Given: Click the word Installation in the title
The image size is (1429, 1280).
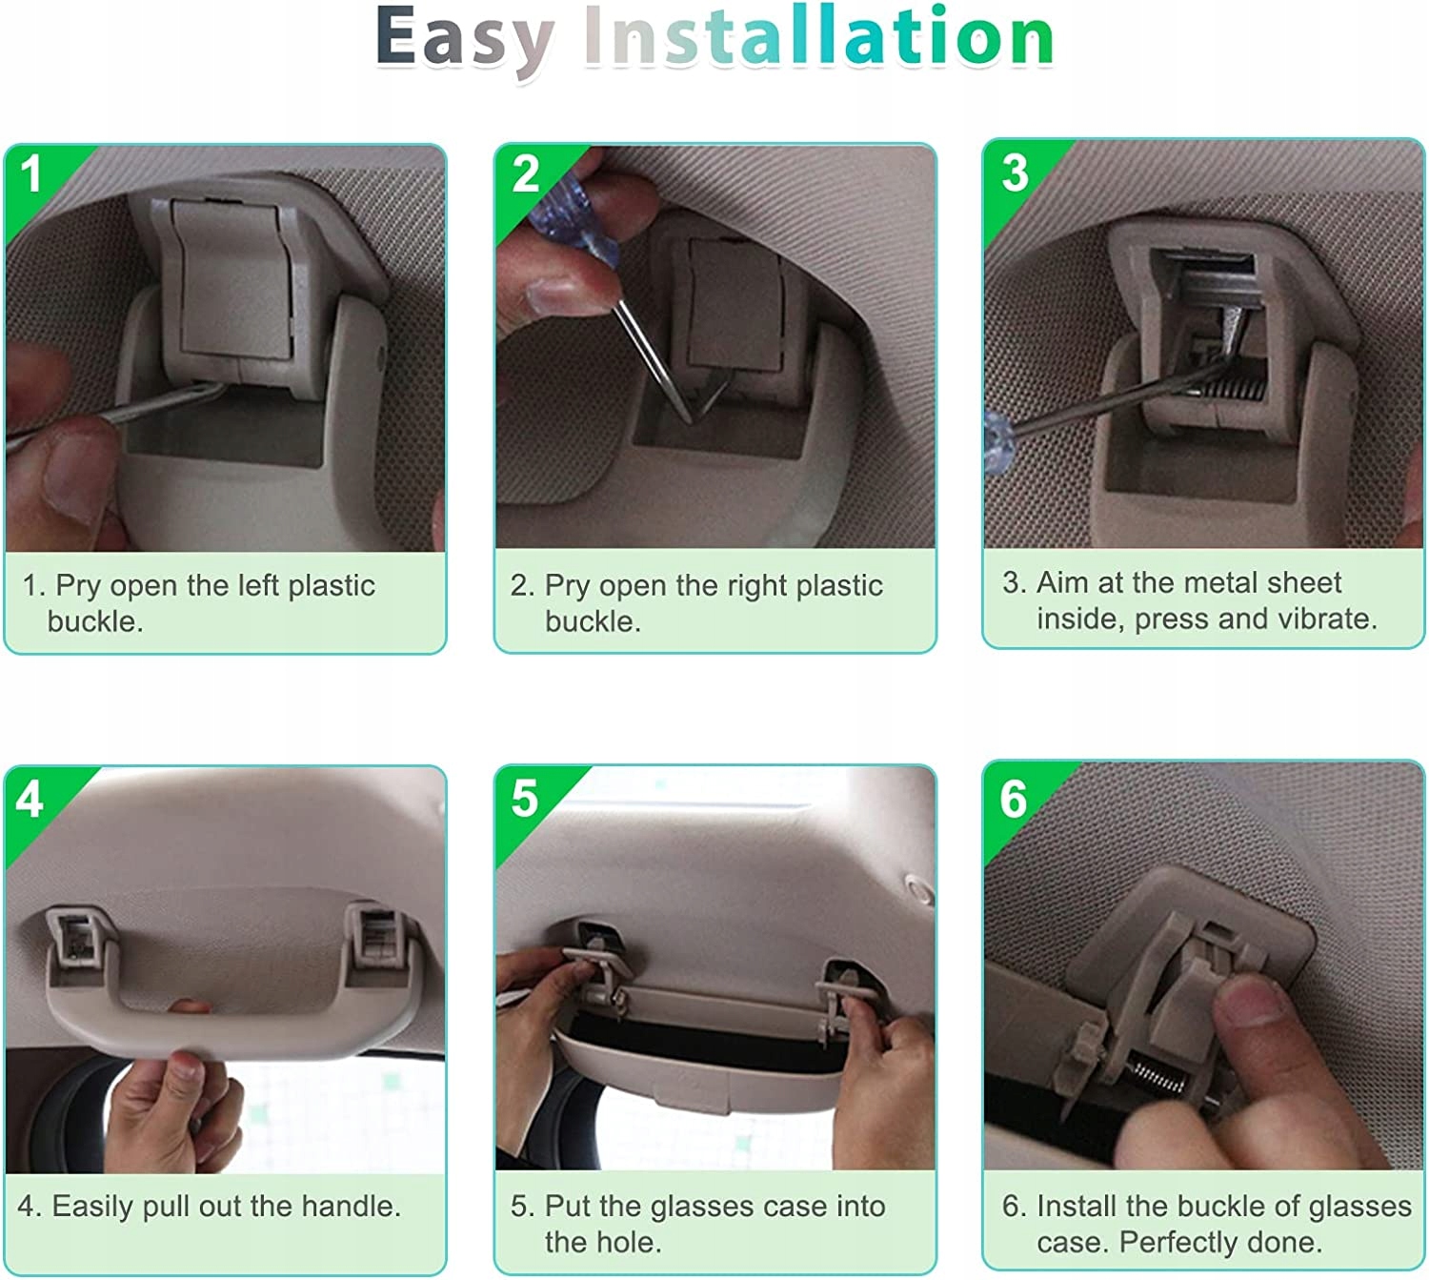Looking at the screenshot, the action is (x=819, y=35).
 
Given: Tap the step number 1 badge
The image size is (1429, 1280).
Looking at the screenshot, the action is (x=31, y=173).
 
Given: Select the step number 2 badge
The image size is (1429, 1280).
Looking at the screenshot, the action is (x=526, y=173).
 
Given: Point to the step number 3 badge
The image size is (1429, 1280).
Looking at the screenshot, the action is (x=1015, y=173).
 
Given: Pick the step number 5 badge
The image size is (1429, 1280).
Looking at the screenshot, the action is (x=525, y=798).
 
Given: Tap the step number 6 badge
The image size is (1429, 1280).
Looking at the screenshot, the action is (x=1014, y=798).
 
